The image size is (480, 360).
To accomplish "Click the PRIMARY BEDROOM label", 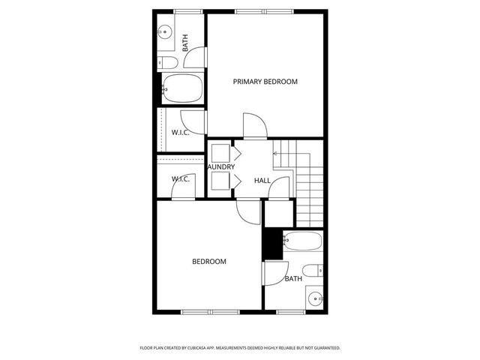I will (265, 82).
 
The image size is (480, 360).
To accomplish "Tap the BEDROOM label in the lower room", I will (209, 262).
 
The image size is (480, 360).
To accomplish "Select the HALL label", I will (262, 181).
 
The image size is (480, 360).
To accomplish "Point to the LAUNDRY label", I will (220, 166).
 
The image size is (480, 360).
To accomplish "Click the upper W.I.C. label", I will (180, 132).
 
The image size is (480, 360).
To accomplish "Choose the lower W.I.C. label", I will (180, 178).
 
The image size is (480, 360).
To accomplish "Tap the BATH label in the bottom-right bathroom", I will (293, 279).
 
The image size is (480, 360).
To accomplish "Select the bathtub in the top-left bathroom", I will (182, 90).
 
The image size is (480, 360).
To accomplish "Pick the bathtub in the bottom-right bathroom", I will (302, 241).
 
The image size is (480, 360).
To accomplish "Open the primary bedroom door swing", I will (253, 124).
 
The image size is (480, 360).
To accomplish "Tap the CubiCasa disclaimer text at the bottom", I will (240, 348).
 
